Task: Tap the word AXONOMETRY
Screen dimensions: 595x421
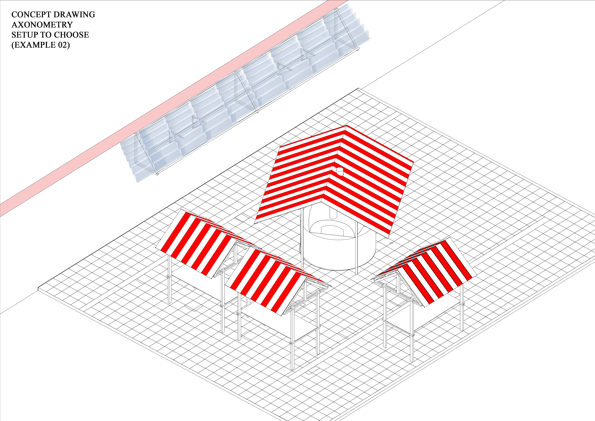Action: (42, 25)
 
